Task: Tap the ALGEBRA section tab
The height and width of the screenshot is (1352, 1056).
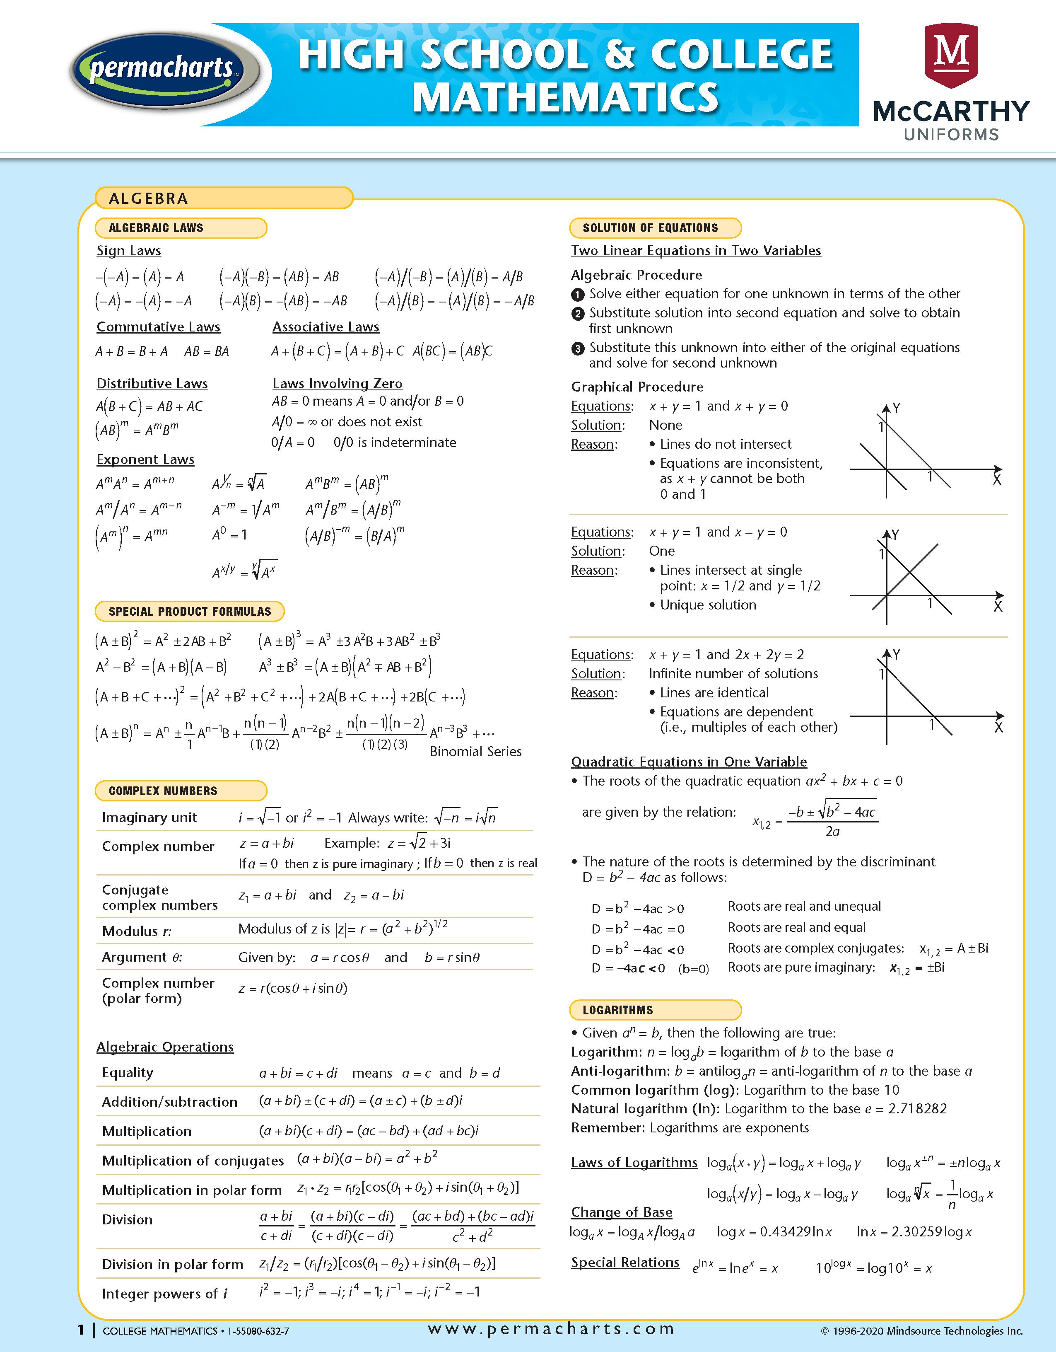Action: (149, 198)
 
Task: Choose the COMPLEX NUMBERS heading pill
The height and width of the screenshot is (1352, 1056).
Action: (163, 791)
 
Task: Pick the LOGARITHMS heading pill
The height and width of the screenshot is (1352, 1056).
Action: (617, 1010)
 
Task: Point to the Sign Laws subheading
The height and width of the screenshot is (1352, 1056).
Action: (129, 251)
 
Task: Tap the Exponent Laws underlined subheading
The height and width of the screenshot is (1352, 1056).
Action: (145, 460)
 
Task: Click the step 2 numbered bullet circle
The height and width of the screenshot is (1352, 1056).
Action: (577, 314)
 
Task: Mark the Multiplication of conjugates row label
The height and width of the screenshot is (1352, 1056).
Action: (193, 1161)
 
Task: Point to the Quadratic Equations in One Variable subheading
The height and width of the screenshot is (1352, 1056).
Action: (689, 762)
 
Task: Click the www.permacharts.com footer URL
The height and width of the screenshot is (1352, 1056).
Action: (551, 1328)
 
